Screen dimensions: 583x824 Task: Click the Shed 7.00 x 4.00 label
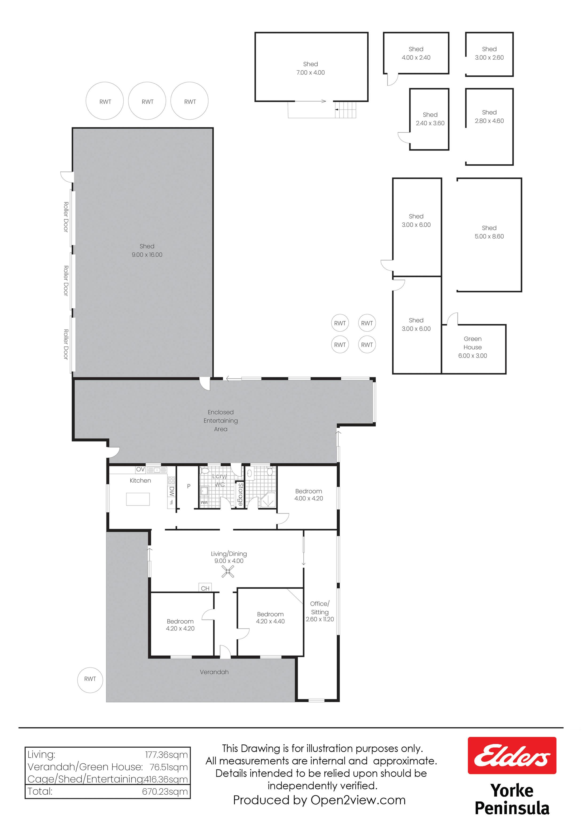coord(310,68)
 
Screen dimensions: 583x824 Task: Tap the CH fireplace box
coord(205,588)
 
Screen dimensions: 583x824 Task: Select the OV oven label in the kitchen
coord(140,469)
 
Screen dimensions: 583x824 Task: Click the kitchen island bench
coord(138,499)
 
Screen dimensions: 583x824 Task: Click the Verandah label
coord(214,672)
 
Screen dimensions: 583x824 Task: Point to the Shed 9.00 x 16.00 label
coord(147,250)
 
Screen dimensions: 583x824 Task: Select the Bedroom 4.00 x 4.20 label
coord(309,494)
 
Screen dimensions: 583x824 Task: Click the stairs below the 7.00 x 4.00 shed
coord(345,109)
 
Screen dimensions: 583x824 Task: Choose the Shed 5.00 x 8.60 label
coord(489,232)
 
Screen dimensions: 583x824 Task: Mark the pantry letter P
coord(189,486)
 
